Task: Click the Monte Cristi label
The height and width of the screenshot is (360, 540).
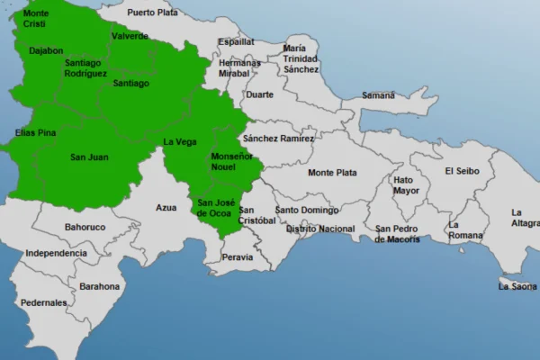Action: pos(36,19)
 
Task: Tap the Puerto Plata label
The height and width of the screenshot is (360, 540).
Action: pos(152,13)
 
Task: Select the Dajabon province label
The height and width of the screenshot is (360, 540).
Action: pos(46,50)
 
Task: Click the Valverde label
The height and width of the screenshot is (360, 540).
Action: pos(130,36)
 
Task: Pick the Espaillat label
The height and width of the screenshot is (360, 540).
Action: pos(236,41)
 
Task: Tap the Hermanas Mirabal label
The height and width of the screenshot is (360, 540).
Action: pos(239,68)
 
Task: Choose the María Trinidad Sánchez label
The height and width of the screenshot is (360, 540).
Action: pos(300,58)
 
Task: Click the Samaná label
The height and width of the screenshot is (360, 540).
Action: pos(378,95)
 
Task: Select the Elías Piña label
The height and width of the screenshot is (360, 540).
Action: pos(36,133)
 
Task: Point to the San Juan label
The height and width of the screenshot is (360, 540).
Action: pos(89,157)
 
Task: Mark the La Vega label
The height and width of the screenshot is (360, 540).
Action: pos(179,141)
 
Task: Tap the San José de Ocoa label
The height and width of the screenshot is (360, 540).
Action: pos(214,208)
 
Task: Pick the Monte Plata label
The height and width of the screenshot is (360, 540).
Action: pos(332,173)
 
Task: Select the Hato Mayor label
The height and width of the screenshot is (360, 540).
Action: pos(406,185)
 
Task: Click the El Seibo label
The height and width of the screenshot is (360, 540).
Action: pos(463,171)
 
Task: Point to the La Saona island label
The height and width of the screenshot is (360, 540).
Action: pos(517,286)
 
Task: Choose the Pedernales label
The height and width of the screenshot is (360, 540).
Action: pos(45,303)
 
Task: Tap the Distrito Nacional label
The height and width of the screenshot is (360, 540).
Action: pos(320,229)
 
